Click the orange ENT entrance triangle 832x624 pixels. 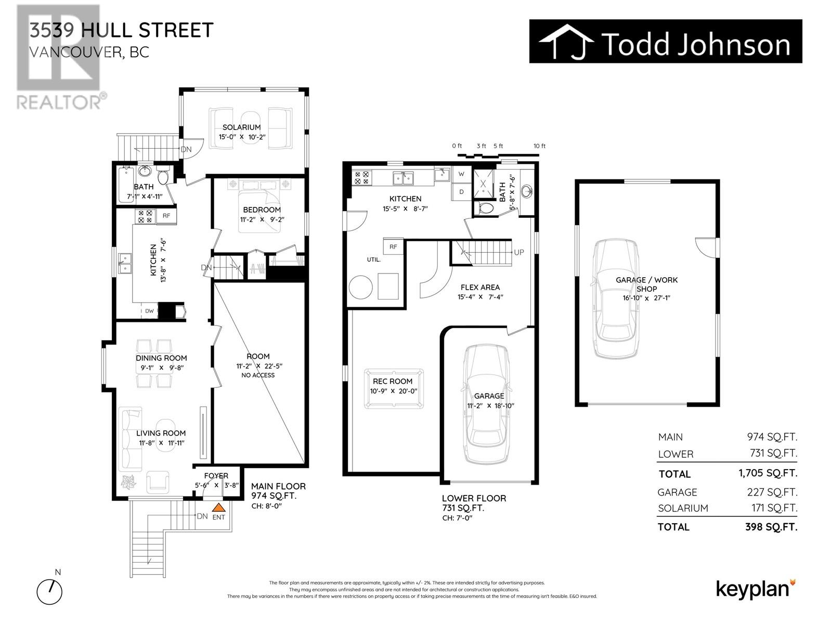coord(219,508)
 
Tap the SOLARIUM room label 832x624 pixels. coord(241,127)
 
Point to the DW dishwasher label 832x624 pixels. coord(149,311)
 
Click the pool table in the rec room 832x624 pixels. coord(394,388)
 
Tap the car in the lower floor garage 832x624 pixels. coord(488,403)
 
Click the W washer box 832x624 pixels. coord(461,174)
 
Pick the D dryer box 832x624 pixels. coord(461,191)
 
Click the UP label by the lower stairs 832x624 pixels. coord(518,252)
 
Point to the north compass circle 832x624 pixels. coord(49,591)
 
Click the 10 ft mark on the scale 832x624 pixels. coord(539,146)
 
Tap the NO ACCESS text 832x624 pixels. coord(258,375)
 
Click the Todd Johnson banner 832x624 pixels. coord(666,42)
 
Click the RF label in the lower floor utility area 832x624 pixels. coord(393,246)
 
